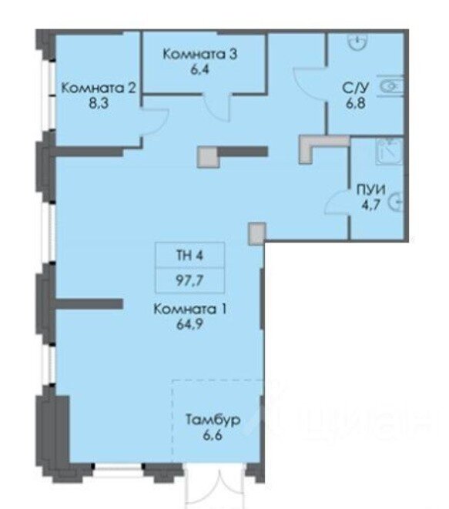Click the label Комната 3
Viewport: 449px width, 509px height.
(x=199, y=54)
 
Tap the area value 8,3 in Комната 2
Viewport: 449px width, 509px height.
(x=99, y=103)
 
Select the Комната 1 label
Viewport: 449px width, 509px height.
(x=189, y=309)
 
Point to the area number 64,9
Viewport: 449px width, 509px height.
(x=189, y=324)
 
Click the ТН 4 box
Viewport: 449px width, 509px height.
(x=190, y=255)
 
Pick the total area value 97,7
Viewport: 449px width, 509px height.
(x=189, y=280)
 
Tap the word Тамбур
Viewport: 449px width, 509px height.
(x=213, y=420)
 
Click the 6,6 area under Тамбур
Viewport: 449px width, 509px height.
(x=213, y=435)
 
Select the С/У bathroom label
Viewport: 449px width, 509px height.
(x=356, y=88)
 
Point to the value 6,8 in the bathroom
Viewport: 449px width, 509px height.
(x=356, y=103)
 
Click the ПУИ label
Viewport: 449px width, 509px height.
(x=371, y=189)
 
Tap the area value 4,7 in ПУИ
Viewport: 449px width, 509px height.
(x=370, y=205)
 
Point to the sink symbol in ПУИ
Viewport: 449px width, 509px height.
(x=390, y=151)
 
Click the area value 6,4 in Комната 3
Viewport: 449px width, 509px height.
(x=199, y=69)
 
